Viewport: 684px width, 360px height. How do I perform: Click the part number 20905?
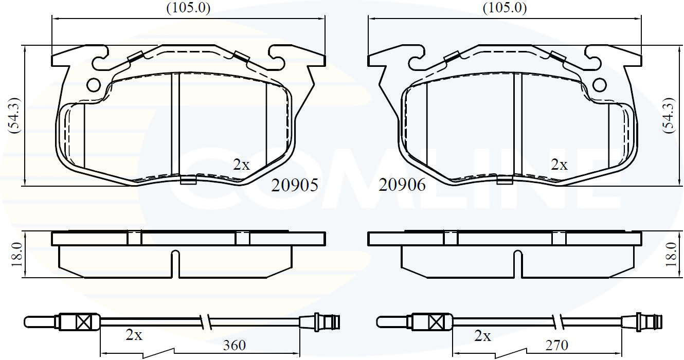point(295,185)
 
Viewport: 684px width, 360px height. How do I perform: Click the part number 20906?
point(402,185)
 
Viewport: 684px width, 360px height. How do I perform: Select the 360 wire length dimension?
point(234,346)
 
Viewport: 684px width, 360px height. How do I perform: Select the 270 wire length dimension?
point(556,346)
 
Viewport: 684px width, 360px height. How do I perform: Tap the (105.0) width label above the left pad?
point(188,8)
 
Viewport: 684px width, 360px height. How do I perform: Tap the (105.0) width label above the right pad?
point(505,8)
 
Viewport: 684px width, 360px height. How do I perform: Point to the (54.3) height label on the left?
point(14,115)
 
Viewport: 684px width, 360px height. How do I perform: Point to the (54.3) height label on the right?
point(669,115)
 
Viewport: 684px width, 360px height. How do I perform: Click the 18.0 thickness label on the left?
point(17,255)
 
